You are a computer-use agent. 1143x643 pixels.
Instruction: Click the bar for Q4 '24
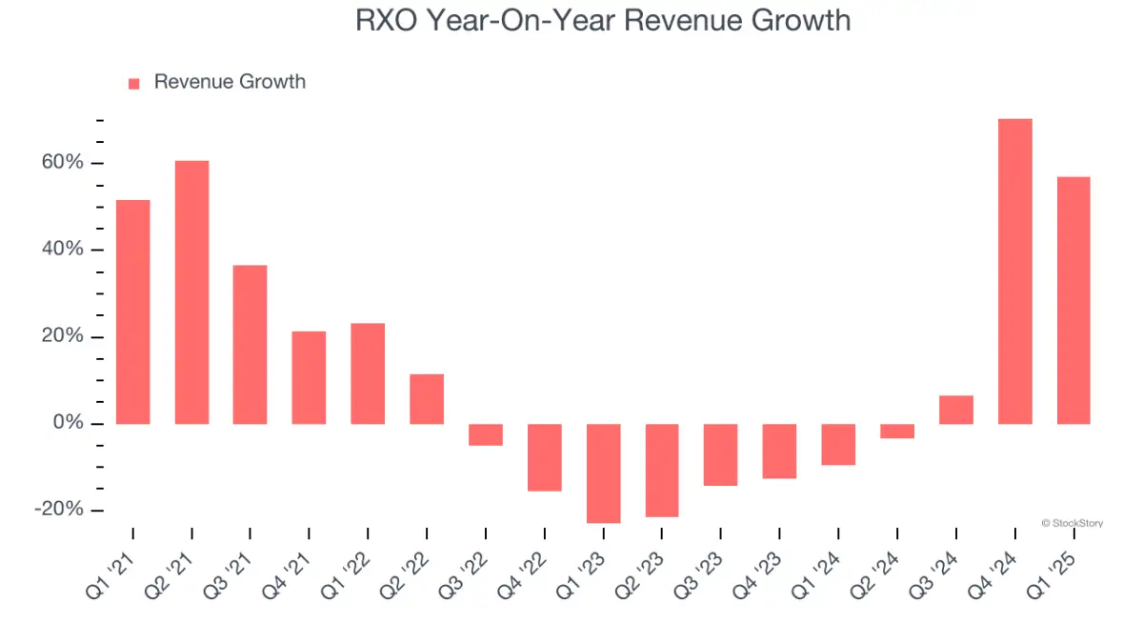[1014, 271]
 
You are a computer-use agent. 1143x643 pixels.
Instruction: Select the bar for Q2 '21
[191, 292]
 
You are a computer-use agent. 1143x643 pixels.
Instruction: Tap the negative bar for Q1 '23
[603, 473]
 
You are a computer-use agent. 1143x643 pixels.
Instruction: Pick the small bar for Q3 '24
[955, 410]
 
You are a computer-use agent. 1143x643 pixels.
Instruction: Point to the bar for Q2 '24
[897, 431]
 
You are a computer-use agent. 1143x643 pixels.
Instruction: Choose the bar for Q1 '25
[1073, 300]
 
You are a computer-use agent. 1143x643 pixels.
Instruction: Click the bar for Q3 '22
[486, 434]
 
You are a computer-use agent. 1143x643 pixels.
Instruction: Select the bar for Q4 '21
[309, 377]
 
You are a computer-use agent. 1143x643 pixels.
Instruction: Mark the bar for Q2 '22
[427, 399]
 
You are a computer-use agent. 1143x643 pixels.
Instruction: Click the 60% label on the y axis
[61, 163]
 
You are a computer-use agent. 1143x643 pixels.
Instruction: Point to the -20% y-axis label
[58, 510]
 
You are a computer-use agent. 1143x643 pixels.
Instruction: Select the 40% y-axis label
[61, 250]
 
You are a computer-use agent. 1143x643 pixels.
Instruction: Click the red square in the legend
[134, 83]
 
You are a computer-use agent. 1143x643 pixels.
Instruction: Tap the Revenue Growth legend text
[230, 82]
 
